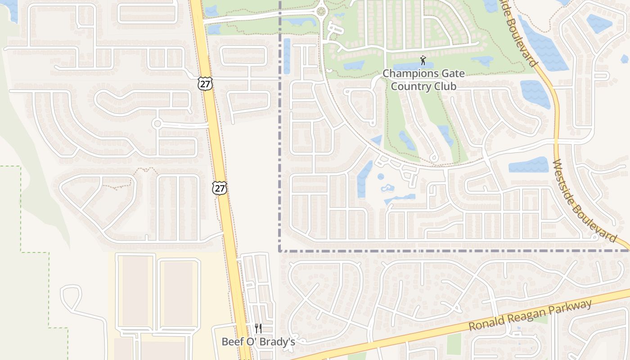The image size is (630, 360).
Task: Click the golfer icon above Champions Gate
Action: (x=423, y=60)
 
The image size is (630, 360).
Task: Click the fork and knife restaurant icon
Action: (x=258, y=328)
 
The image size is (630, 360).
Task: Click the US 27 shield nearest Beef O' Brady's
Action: (x=220, y=188)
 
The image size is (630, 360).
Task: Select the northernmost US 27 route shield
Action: (x=205, y=83)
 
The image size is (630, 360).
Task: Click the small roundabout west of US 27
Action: (x=157, y=123)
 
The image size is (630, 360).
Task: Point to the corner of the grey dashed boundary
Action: (x=280, y=251)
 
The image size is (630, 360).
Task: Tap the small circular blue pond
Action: (x=381, y=177)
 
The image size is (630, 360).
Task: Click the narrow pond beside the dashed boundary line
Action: (x=287, y=56)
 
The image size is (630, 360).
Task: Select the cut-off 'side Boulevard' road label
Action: (x=520, y=34)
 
